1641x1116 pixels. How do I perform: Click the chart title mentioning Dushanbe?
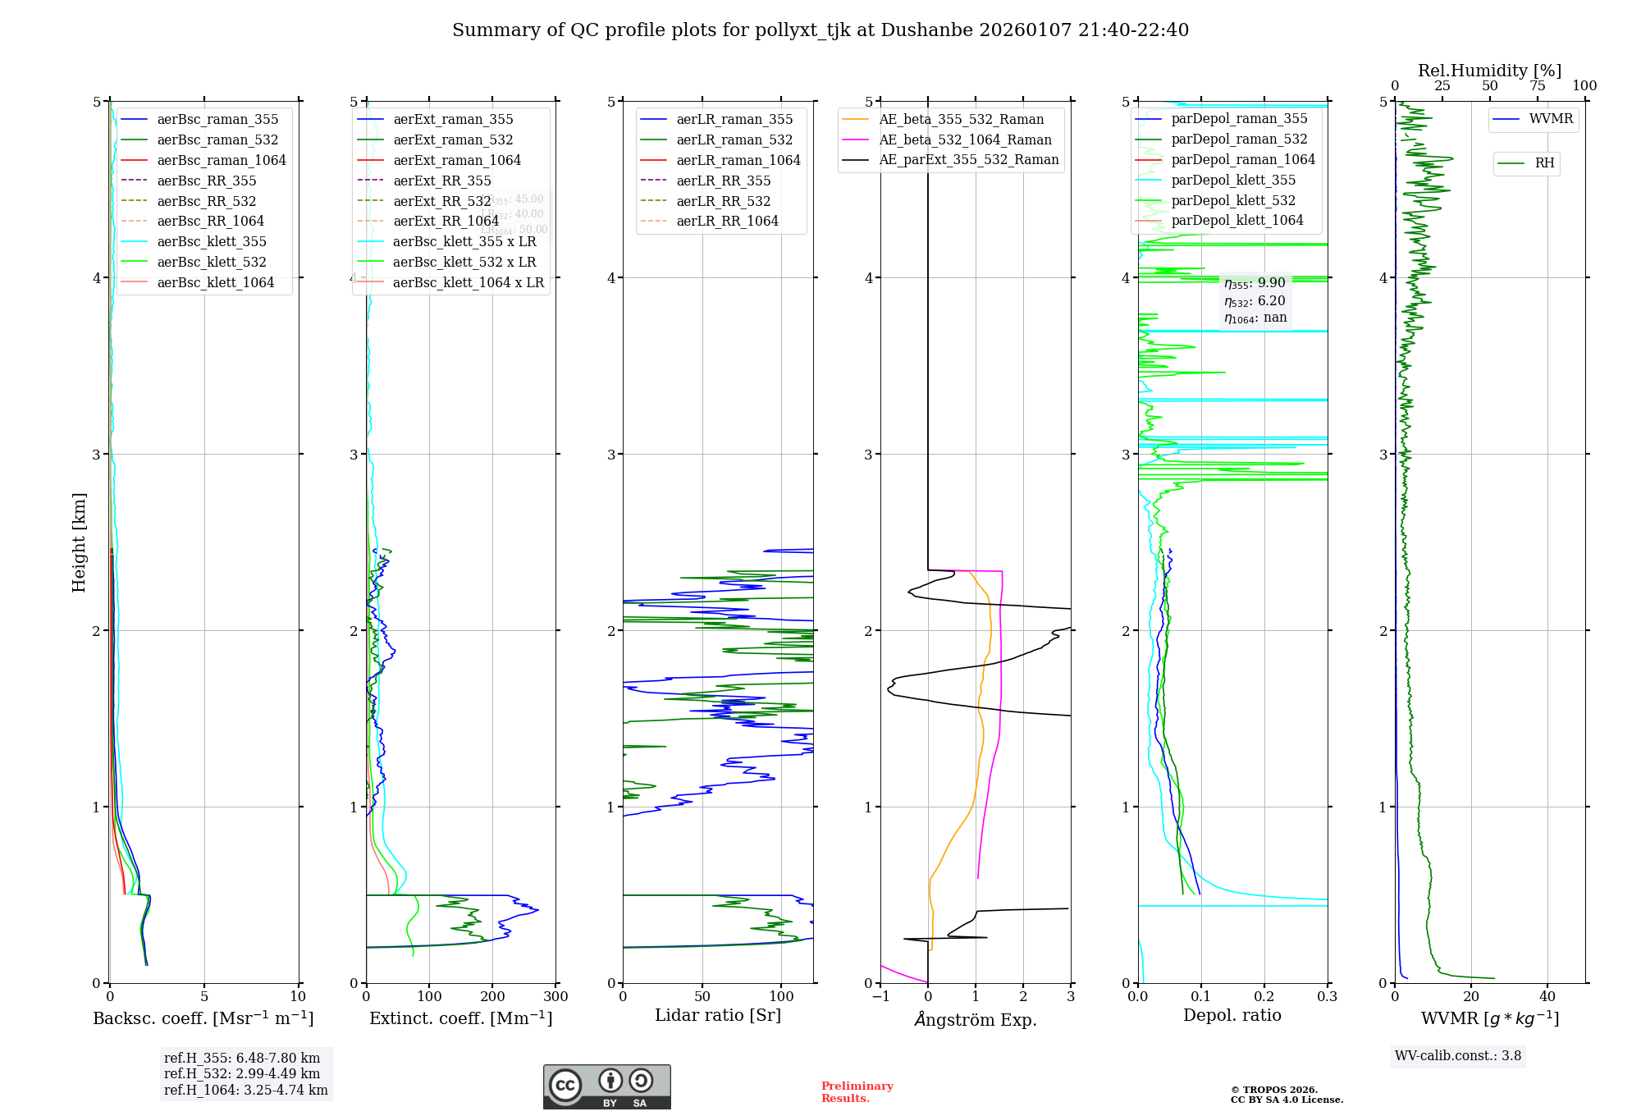(x=820, y=30)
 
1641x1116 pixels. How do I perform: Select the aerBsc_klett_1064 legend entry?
(x=215, y=282)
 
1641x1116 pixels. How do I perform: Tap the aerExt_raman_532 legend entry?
(x=453, y=139)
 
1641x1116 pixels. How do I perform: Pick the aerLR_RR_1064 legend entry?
(x=727, y=221)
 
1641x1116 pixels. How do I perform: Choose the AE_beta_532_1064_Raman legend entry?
(x=965, y=139)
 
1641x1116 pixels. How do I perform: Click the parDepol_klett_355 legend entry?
(x=1233, y=180)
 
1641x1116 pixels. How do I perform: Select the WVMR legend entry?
(x=1551, y=119)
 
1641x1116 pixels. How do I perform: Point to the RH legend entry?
(x=1544, y=163)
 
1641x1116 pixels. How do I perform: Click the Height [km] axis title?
(x=79, y=542)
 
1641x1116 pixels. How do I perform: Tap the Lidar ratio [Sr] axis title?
(x=718, y=1015)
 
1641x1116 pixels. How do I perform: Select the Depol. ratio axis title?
(x=1232, y=1015)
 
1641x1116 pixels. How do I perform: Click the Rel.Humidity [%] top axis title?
(x=1489, y=71)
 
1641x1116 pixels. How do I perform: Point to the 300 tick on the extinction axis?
(x=555, y=996)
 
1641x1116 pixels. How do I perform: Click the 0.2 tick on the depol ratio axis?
(x=1264, y=996)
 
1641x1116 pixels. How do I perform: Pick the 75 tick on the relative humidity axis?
(x=1537, y=85)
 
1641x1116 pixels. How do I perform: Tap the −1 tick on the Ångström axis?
(x=880, y=996)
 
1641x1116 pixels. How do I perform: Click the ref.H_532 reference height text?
(x=242, y=1073)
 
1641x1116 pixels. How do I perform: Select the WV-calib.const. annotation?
(x=1458, y=1055)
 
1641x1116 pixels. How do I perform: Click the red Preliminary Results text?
(x=857, y=1091)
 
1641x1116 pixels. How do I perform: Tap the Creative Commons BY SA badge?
(x=606, y=1086)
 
